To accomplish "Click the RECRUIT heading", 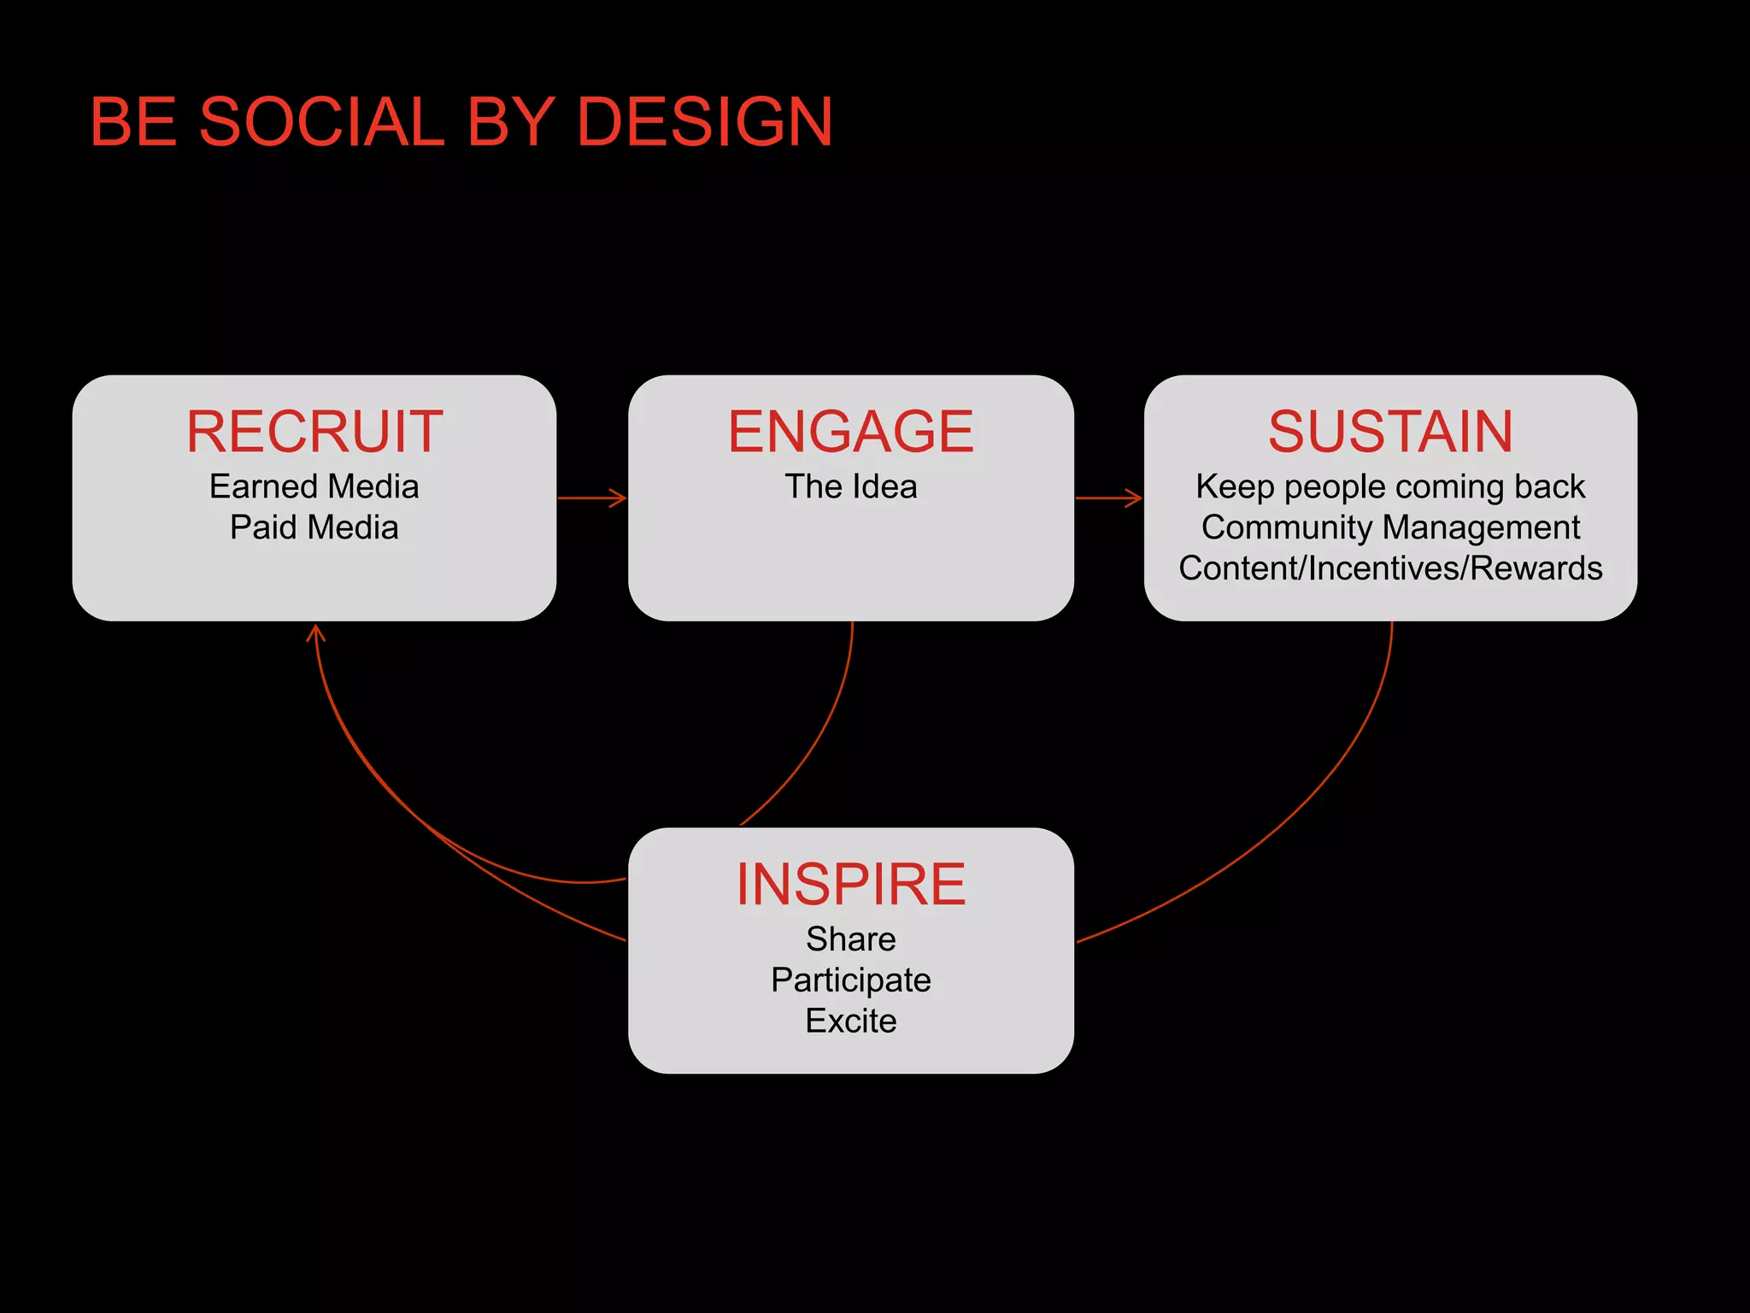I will point(314,432).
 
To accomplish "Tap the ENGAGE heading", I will point(850,432).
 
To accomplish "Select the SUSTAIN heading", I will point(1390,432).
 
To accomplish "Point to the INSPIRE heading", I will point(850,884).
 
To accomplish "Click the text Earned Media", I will point(314,487).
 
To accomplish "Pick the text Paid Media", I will point(314,527).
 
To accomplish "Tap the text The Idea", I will point(850,487).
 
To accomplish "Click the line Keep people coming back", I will point(1390,487).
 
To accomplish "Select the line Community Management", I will point(1390,527).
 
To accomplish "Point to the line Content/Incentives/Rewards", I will point(1390,568).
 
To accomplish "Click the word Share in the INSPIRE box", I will point(850,939).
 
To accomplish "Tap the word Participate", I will point(850,980).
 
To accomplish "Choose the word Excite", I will point(850,1022).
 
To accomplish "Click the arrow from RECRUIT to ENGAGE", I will point(592,498).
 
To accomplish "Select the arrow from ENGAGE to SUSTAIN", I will point(1108,498).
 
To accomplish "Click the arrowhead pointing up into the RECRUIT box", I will point(316,633).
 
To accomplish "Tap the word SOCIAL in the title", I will point(321,122).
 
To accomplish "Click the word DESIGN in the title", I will point(704,122).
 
